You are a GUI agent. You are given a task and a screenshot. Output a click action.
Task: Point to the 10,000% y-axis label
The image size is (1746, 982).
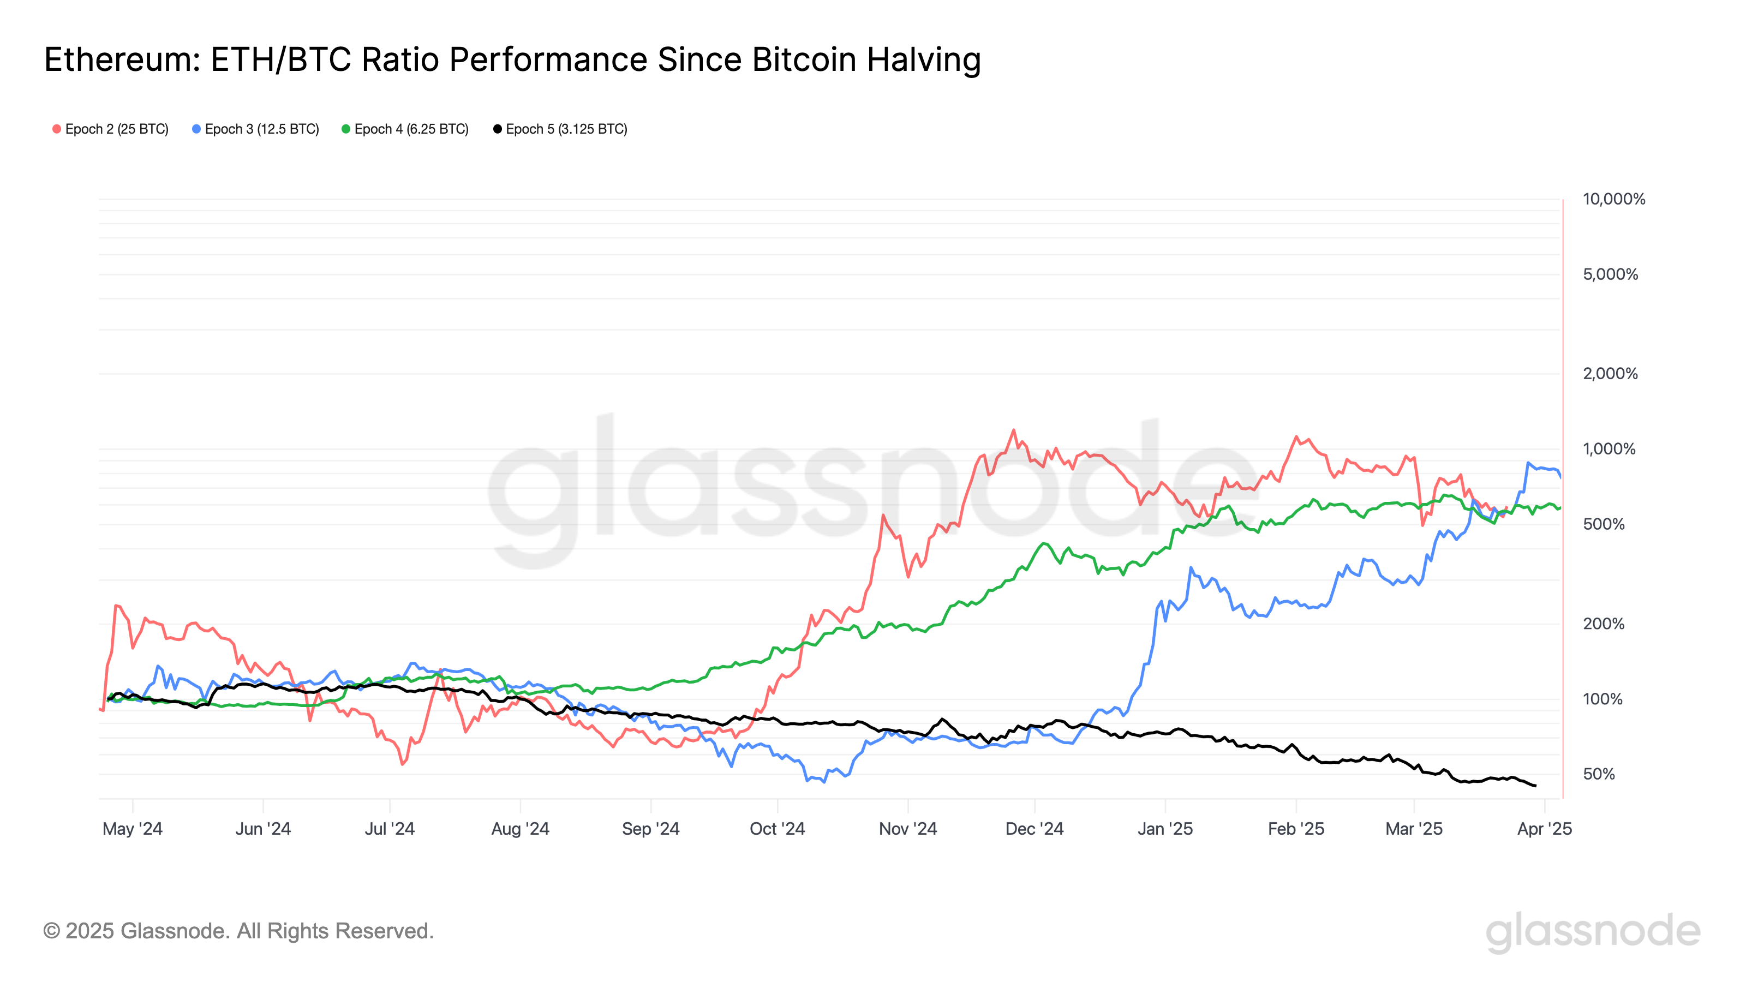pyautogui.click(x=1613, y=199)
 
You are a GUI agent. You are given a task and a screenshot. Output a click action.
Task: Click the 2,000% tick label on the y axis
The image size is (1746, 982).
pyautogui.click(x=1610, y=373)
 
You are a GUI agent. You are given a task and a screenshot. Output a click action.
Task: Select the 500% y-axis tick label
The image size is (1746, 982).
pyautogui.click(x=1603, y=524)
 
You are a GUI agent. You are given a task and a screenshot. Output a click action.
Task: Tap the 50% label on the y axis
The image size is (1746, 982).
pyautogui.click(x=1599, y=774)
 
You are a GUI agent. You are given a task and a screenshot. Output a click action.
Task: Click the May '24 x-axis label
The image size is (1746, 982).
pyautogui.click(x=132, y=828)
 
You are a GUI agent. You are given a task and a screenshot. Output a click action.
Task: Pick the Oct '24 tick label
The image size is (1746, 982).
pyautogui.click(x=777, y=828)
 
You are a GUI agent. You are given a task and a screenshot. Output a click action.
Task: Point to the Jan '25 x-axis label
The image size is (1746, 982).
pyautogui.click(x=1164, y=828)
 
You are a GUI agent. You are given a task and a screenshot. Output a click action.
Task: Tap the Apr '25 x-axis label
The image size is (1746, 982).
pyautogui.click(x=1544, y=828)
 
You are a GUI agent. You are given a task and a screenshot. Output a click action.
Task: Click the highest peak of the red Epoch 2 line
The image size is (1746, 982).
pyautogui.click(x=1013, y=430)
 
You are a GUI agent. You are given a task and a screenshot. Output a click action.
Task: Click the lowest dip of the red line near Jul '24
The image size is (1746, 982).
pyautogui.click(x=403, y=764)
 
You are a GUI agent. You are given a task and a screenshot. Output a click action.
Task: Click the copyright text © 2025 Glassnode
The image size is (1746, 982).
pyautogui.click(x=238, y=931)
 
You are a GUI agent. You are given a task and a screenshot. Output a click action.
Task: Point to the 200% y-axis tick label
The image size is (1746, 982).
pyautogui.click(x=1603, y=624)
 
